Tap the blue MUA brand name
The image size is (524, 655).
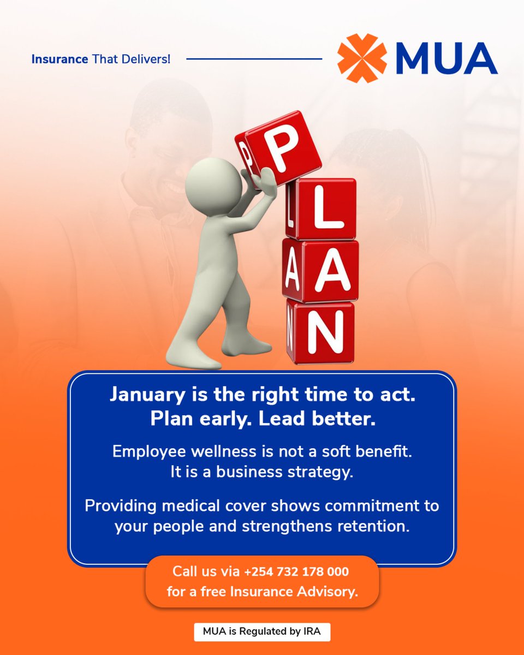[444, 58]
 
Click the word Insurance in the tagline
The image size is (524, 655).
[59, 58]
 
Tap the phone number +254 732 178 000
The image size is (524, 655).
[296, 572]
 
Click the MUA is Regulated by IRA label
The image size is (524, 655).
[262, 632]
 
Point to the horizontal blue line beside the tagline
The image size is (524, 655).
[254, 58]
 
